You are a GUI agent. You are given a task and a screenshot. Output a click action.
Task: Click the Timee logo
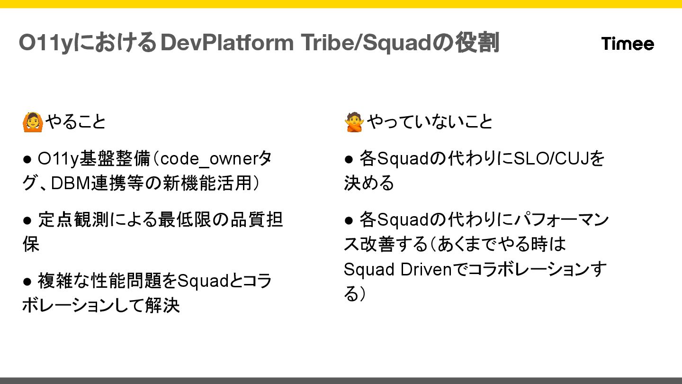628,44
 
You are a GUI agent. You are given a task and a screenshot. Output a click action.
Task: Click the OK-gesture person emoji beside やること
33,122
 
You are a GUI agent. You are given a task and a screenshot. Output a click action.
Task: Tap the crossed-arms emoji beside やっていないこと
354,122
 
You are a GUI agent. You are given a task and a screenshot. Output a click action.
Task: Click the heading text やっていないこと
430,122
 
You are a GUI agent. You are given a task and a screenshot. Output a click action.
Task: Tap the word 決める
369,183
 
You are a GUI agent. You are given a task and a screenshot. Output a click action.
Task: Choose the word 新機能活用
211,183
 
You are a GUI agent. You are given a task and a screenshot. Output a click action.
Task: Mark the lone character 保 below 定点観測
31,245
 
